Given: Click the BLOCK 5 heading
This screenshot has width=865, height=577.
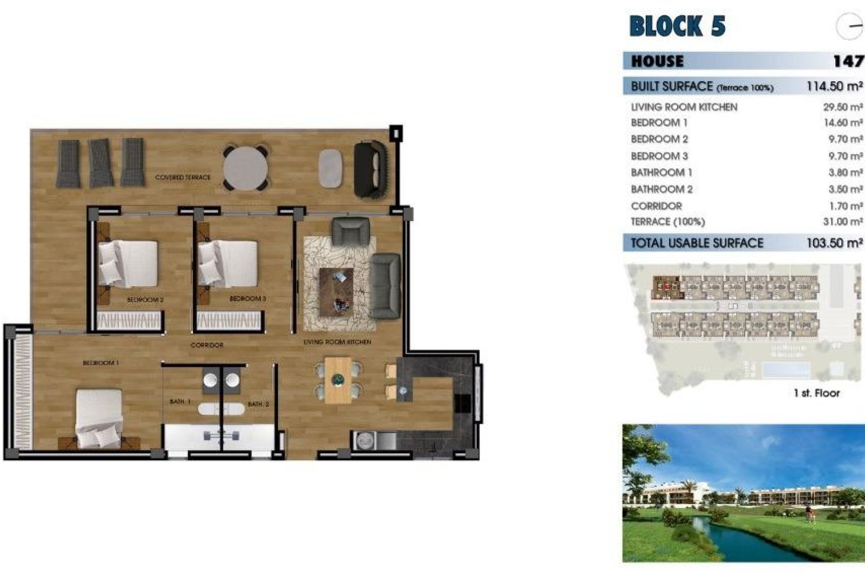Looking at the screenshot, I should point(677,26).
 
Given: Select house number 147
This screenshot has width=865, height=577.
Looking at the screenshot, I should point(848,61).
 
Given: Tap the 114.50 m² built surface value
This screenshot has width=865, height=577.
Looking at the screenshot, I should point(834,86).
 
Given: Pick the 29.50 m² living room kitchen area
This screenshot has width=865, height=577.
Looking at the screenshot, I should point(842,107).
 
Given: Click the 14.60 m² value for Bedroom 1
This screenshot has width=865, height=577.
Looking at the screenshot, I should point(842,123).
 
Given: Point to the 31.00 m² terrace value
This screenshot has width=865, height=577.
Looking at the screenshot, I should point(842,222).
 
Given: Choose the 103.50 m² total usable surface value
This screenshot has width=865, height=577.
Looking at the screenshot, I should point(834,243).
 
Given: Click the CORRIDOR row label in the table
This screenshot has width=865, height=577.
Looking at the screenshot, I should point(656,206).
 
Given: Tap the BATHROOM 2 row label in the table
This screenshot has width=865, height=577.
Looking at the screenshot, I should point(661,189).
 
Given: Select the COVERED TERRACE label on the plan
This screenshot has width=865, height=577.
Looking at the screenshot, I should point(182,177).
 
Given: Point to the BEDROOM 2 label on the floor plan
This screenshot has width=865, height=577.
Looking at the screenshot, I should point(145,300).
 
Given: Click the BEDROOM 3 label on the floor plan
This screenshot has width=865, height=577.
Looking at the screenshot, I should point(248,299).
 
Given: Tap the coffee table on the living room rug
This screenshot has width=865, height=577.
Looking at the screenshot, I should point(336,292).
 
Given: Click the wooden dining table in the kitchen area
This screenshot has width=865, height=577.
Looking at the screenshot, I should point(338,380).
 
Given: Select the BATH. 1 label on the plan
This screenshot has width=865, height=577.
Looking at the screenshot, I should point(180,401).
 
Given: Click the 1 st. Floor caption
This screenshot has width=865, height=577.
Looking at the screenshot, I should point(817,393).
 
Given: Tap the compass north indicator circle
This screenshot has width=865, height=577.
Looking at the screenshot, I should point(850,26).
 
